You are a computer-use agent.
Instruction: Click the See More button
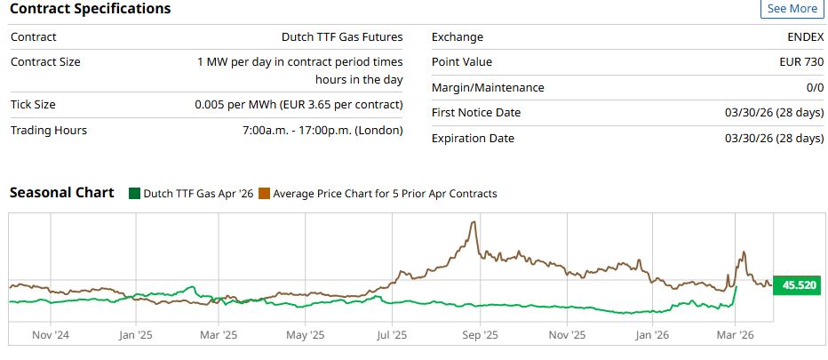(792, 9)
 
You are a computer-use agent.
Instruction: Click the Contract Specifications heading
(90, 9)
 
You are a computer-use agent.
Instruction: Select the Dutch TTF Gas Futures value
(342, 37)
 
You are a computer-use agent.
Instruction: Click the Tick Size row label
(34, 105)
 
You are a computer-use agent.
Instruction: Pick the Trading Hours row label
(49, 131)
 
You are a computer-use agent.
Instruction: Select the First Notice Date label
(476, 113)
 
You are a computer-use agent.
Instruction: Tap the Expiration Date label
(473, 139)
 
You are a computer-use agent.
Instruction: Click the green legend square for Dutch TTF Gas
(134, 194)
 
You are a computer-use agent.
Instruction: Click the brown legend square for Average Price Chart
(264, 194)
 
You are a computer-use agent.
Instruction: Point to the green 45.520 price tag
(796, 286)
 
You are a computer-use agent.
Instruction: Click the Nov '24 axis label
(51, 335)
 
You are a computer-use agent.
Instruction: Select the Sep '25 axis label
(480, 335)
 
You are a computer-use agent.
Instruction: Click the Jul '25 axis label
(391, 335)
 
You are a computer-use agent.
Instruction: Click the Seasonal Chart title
(61, 193)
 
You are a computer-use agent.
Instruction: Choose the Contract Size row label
(45, 62)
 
